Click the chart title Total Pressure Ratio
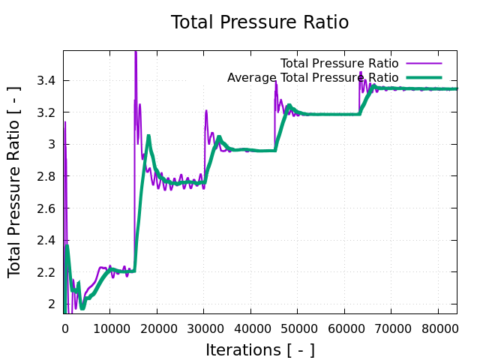tap(259, 22)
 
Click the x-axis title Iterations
tap(259, 349)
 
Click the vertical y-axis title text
tap(15, 181)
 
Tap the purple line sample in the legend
tap(424, 63)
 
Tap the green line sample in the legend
tap(424, 78)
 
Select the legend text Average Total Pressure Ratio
tap(313, 78)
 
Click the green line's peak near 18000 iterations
tap(148, 136)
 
